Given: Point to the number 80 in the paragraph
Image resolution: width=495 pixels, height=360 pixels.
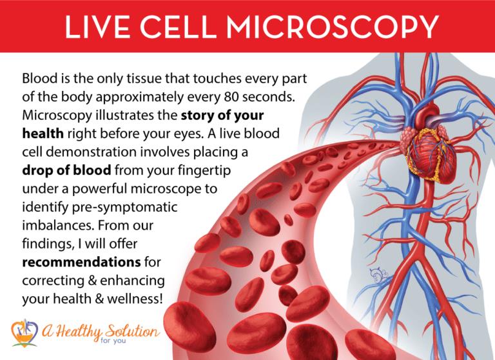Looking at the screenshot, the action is [231, 97].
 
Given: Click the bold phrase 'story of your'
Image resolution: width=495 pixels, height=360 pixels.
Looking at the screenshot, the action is [222, 115].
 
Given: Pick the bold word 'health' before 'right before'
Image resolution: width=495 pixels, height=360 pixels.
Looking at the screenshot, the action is [43, 134].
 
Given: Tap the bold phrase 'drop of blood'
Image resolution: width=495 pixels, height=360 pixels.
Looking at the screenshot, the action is [66, 170].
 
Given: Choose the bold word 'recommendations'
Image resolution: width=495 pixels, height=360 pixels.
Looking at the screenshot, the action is [81, 263].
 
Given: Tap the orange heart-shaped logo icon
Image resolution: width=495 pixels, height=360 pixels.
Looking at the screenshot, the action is [24, 333].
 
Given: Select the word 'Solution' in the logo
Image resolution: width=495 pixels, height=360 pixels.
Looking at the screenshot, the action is [132, 332].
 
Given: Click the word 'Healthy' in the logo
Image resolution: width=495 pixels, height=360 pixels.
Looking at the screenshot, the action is [79, 332].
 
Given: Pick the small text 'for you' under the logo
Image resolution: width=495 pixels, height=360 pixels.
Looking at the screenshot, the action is [113, 341].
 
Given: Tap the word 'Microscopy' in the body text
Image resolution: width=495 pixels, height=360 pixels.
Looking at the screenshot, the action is [57, 115].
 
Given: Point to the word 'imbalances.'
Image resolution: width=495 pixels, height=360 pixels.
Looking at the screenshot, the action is [57, 226].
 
